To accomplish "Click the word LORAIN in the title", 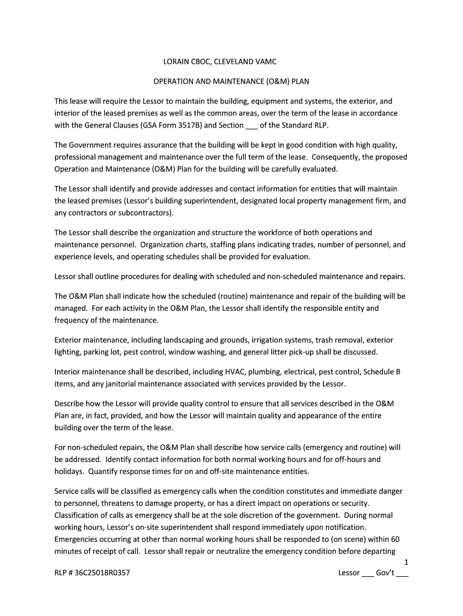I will click(179, 62).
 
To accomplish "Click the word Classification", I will click(77, 515).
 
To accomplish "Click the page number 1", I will click(406, 562).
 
